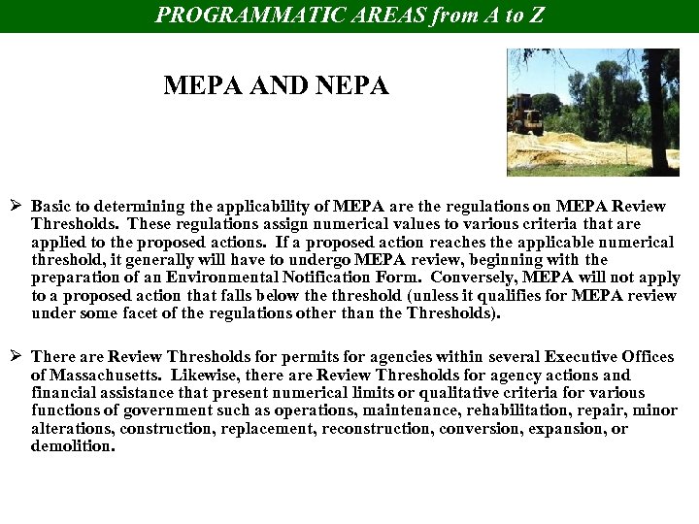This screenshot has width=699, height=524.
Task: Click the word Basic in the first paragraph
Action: [52, 207]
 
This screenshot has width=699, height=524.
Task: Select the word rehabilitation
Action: [498, 410]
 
